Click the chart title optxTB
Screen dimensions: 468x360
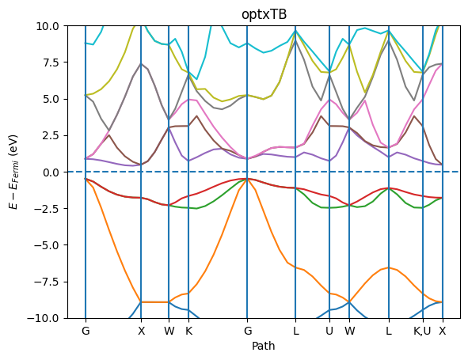coord(264,14)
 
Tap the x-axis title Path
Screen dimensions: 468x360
coord(263,346)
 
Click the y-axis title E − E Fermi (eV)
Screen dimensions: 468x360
coord(14,172)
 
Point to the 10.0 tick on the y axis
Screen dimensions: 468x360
coord(48,26)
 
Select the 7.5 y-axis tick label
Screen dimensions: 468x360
coord(51,63)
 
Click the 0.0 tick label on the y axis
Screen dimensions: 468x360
coord(51,172)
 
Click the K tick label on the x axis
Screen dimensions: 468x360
coord(189,331)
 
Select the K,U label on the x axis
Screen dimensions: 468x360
coord(422,331)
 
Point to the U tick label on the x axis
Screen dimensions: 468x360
coord(329,331)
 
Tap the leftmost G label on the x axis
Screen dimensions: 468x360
coord(86,331)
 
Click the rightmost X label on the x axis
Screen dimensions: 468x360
coord(443,331)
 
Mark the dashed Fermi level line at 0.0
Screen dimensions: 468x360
coord(264,172)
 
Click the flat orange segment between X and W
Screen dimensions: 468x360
coord(155,302)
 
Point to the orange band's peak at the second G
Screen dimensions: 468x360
coord(247,179)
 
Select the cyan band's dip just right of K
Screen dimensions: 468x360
coord(196,79)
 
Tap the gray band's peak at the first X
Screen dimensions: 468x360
coord(141,63)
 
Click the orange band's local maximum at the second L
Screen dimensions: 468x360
coord(389,267)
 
